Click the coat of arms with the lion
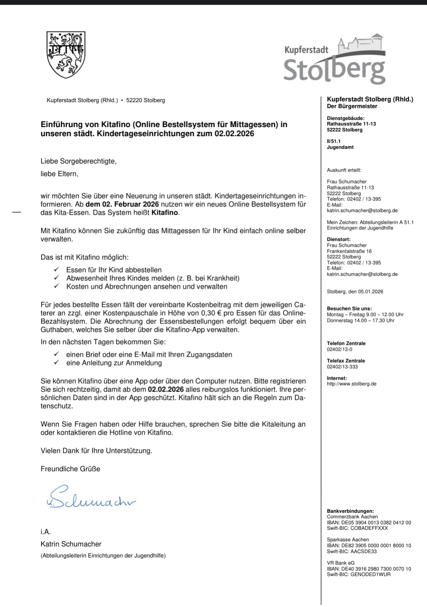click(66, 54)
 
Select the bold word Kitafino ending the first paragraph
click(165, 213)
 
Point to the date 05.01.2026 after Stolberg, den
click(370, 292)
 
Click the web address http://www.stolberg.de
click(351, 384)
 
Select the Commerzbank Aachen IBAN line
click(369, 523)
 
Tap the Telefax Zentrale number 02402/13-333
click(342, 367)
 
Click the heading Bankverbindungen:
click(350, 511)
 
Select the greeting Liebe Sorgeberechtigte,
click(78, 161)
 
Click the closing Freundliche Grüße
click(70, 469)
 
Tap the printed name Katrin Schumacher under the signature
click(71, 544)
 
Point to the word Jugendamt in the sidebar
click(340, 147)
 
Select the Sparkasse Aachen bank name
click(348, 540)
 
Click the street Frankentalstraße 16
click(349, 251)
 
